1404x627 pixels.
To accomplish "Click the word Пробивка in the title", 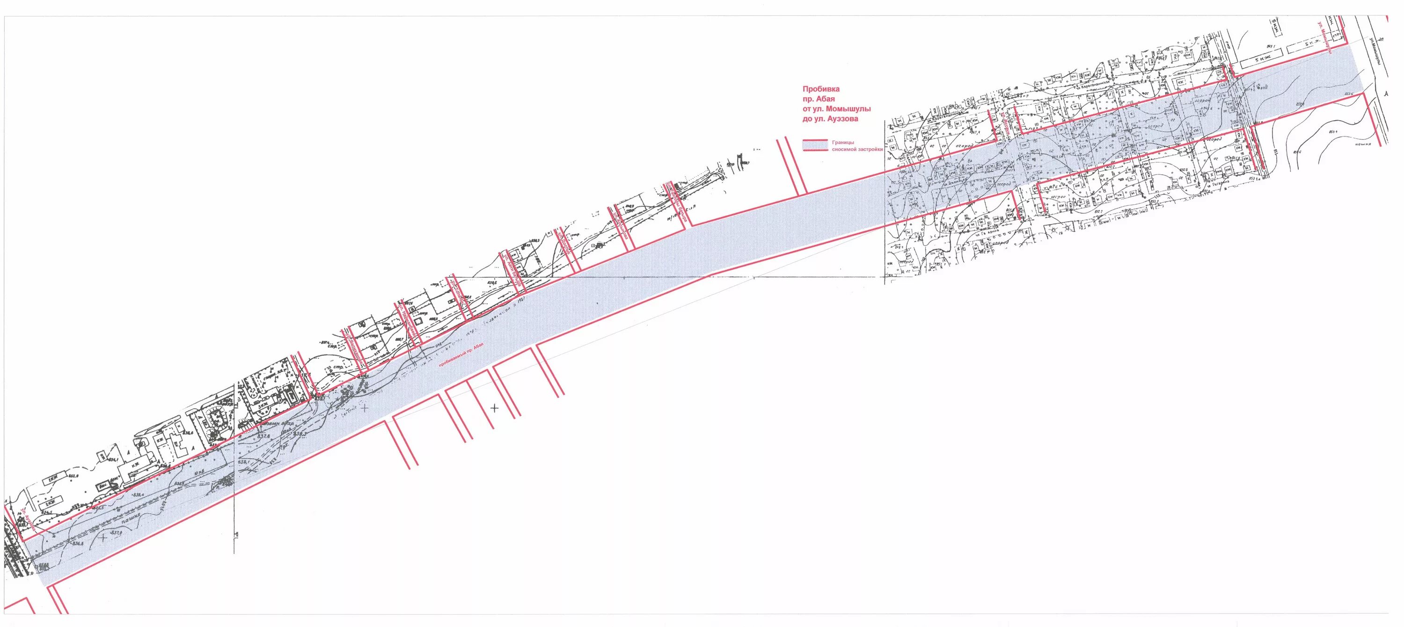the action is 813,89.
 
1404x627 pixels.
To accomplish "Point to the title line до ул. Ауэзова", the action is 831,118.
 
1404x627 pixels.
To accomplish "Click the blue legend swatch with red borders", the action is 815,144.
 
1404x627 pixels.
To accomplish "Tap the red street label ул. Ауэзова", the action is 28,520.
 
